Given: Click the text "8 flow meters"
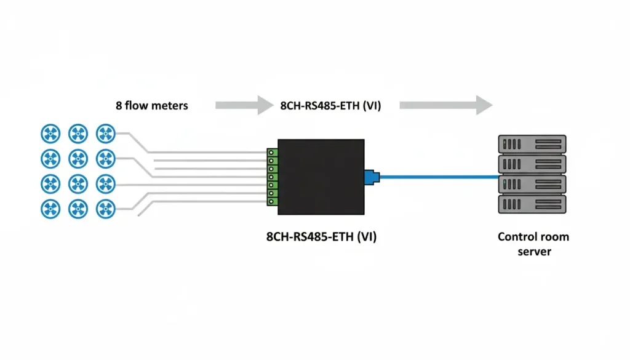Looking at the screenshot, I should (x=151, y=105).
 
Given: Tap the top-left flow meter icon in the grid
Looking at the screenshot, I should (x=50, y=132).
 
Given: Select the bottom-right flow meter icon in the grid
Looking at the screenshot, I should (x=105, y=208).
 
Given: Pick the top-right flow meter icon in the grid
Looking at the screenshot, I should (x=105, y=132).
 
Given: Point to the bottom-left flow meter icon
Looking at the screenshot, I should (x=50, y=208).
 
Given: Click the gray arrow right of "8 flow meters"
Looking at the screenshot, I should (x=239, y=105).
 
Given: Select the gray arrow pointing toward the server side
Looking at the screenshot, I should (x=445, y=105).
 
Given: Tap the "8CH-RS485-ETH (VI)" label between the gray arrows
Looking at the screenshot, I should (x=330, y=105).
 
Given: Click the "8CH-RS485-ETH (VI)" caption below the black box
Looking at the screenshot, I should (x=321, y=236).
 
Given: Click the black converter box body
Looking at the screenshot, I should (x=321, y=177).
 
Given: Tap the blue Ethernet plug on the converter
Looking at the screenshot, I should (x=372, y=177).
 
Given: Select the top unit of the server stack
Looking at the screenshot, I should (x=531, y=145).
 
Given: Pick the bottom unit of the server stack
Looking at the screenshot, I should (x=531, y=204).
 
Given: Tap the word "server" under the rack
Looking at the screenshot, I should (x=533, y=252).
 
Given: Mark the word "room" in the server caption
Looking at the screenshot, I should (x=555, y=237).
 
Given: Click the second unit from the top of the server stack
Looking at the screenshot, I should (x=531, y=164).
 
